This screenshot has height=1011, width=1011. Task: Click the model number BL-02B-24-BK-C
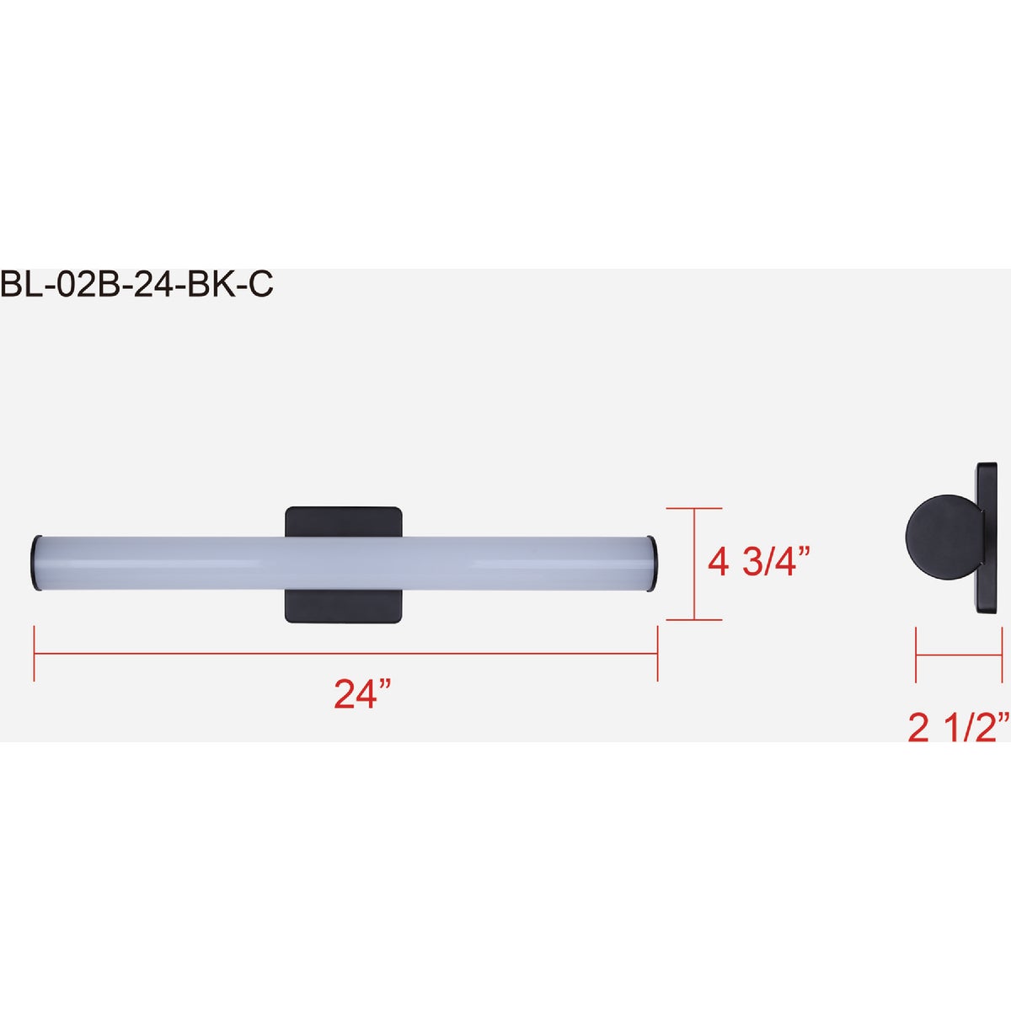pos(136,286)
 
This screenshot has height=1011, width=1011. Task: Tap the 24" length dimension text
pos(362,694)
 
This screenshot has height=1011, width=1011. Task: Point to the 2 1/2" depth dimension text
pos(959,728)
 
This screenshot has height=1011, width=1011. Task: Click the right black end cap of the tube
pos(650,564)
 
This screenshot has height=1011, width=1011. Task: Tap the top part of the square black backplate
pos(343,522)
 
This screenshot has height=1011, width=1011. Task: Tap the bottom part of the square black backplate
pos(343,607)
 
